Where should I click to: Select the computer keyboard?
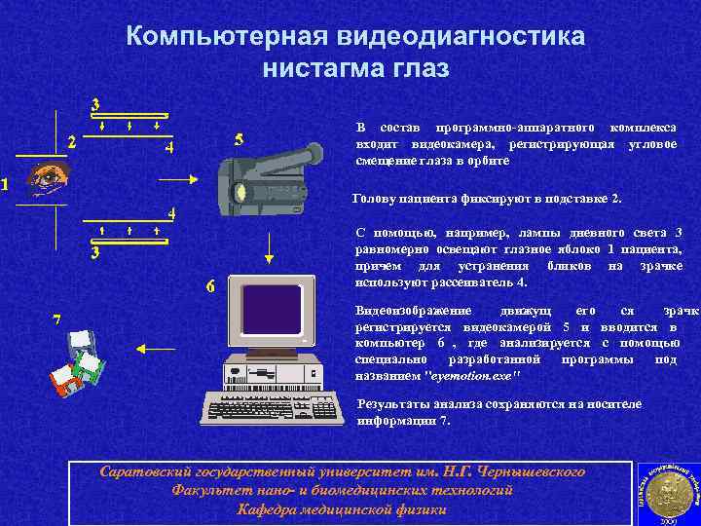pos(274,406)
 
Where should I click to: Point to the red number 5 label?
pos(239,139)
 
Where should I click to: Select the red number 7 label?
pos(57,320)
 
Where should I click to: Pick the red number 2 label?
pos(71,141)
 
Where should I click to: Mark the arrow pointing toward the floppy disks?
pos(152,347)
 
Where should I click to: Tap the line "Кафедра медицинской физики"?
pos(342,509)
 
